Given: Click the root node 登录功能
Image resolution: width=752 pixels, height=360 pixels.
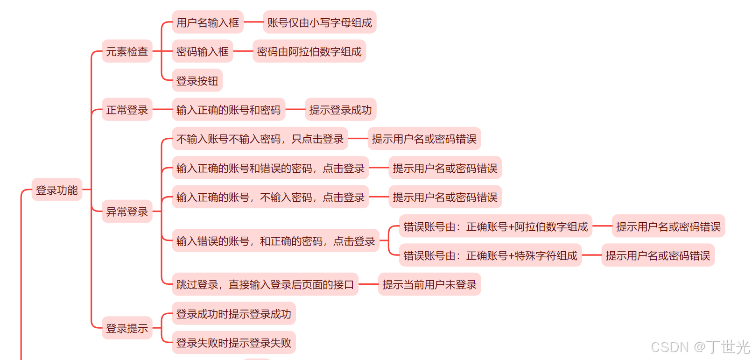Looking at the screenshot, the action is [x=57, y=190].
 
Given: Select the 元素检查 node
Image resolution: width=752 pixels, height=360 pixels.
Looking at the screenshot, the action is [x=127, y=51].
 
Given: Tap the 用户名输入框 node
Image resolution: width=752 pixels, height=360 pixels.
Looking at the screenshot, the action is [x=208, y=22].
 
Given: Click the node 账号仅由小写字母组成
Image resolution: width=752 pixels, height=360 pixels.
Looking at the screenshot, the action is [x=320, y=22].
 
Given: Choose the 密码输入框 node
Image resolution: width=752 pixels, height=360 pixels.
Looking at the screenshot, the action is [x=203, y=51].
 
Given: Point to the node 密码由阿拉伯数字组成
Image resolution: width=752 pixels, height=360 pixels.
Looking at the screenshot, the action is [x=309, y=51].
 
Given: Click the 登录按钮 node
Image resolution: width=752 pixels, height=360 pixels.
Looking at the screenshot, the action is [x=197, y=81].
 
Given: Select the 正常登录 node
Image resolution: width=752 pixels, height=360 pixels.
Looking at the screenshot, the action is [x=127, y=110].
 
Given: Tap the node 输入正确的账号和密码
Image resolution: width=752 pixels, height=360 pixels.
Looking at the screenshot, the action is [x=228, y=110].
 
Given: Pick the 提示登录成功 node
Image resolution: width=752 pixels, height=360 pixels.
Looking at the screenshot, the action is [x=340, y=110].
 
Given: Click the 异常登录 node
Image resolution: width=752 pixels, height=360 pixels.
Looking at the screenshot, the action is [x=127, y=212].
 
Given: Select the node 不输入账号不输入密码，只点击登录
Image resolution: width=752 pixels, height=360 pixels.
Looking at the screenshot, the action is [x=260, y=139].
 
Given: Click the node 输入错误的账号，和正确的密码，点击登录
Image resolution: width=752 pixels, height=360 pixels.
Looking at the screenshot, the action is [x=275, y=241].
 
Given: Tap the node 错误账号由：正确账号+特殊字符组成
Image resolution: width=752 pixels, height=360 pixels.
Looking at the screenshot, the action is [x=490, y=255].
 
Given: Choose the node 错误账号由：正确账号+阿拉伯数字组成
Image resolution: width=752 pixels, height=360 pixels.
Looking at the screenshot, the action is [x=495, y=226].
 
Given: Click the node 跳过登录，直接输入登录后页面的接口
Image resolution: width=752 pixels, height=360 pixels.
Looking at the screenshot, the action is [x=265, y=284].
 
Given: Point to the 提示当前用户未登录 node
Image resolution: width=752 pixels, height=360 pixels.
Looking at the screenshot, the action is [x=429, y=284].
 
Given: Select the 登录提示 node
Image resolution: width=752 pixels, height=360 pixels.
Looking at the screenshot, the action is [x=127, y=328].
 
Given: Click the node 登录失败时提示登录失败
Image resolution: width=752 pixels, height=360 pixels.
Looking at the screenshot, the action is [x=233, y=343].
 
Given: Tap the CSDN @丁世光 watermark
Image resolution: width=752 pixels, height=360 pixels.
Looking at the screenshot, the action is [x=700, y=347].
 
